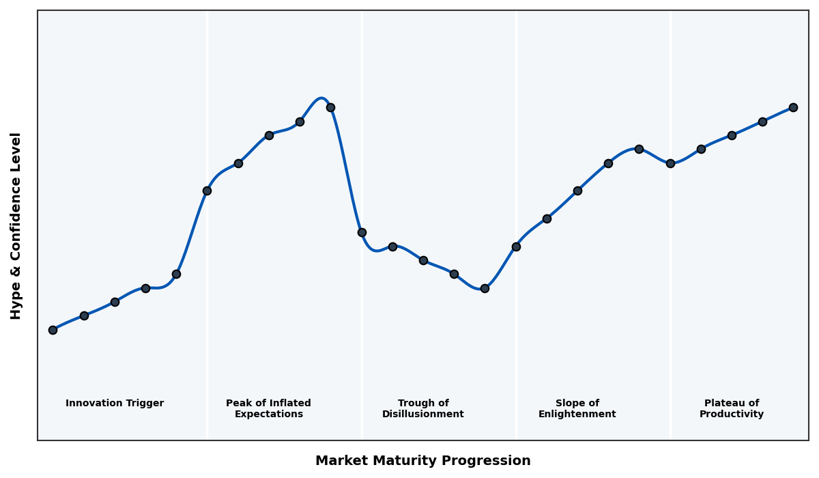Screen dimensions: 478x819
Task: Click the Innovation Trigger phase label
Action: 115,404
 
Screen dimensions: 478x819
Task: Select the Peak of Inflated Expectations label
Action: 268,408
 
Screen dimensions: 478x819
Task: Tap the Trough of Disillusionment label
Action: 422,408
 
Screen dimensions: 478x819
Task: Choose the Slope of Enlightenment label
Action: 577,408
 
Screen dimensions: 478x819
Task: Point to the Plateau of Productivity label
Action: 731,408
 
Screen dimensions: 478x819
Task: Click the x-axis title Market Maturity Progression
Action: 422,461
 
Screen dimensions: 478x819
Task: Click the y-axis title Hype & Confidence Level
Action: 16,225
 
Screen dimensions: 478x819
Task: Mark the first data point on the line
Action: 53,330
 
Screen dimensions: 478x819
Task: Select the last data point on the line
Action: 793,107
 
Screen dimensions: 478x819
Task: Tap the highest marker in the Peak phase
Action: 330,107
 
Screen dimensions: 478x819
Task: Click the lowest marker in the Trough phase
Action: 485,288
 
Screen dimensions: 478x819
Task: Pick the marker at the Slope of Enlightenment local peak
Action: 639,149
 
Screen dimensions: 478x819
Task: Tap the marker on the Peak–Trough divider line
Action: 362,232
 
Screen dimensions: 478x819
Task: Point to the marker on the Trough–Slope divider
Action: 516,247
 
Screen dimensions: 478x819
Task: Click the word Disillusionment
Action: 422,414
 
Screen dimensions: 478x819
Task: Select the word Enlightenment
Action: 577,414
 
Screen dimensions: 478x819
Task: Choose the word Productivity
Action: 731,414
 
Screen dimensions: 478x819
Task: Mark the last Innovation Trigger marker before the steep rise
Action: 176,274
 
